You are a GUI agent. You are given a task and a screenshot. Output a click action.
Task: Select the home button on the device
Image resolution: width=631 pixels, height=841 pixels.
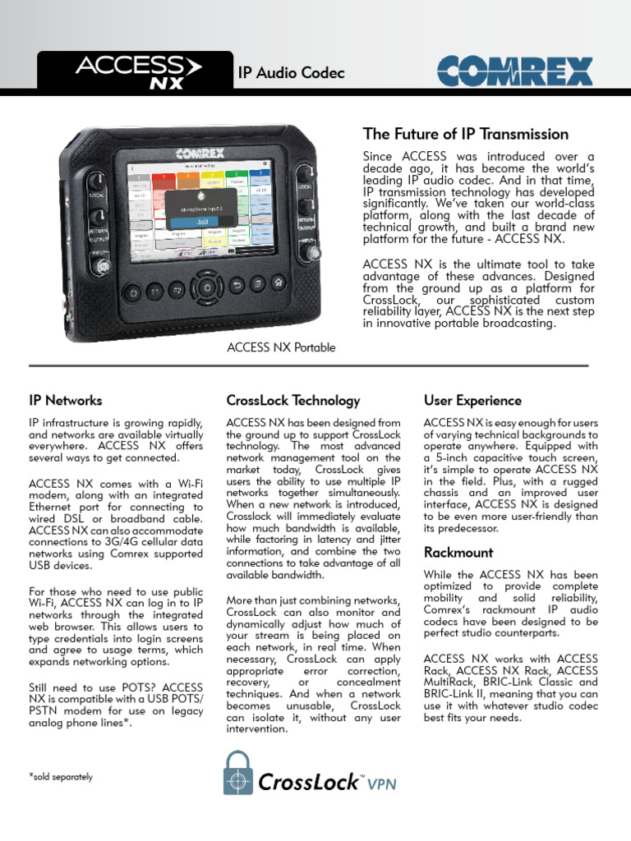point(279,283)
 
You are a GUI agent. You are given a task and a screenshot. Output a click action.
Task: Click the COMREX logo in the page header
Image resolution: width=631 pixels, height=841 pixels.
point(514,72)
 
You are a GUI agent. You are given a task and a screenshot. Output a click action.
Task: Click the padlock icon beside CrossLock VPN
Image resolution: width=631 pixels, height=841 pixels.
point(237,773)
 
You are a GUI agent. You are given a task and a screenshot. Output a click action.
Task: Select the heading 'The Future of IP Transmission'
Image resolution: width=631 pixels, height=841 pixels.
point(465,134)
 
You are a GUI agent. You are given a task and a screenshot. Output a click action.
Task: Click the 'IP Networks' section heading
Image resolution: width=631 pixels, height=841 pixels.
point(66,401)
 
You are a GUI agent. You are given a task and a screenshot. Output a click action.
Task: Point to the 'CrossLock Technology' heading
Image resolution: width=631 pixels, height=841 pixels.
point(292,401)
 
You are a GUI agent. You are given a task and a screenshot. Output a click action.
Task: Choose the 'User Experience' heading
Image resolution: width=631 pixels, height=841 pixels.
point(472,401)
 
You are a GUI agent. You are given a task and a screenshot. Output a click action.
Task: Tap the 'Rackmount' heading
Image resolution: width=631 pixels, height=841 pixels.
point(458,554)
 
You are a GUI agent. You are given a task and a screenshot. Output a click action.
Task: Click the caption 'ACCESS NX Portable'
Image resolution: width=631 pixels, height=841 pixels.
point(281,347)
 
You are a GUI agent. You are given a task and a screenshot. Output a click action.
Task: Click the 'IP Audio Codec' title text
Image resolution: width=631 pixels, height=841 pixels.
point(291,74)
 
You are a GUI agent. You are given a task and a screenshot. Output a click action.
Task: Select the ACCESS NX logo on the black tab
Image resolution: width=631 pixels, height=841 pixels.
point(129,71)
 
